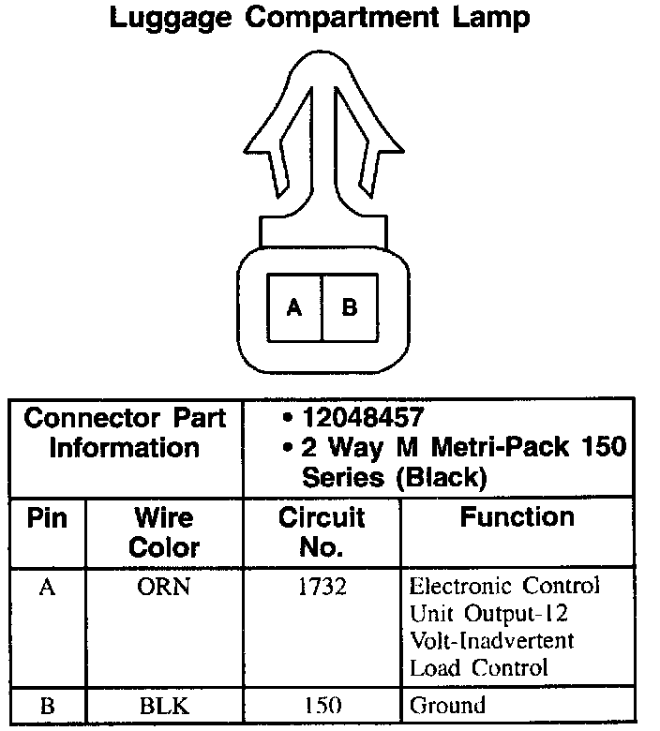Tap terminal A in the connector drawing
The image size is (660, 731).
[x=294, y=307]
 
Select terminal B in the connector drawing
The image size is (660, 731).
[x=349, y=307]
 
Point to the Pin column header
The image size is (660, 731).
[x=47, y=518]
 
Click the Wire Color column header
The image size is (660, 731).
[x=164, y=531]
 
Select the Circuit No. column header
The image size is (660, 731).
[x=322, y=531]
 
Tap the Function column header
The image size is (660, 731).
[x=517, y=517]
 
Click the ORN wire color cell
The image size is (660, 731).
[x=164, y=588]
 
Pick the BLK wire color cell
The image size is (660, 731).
[x=164, y=707]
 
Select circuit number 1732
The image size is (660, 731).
[x=322, y=588]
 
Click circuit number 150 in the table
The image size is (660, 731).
[x=322, y=707]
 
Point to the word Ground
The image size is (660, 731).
[x=447, y=707]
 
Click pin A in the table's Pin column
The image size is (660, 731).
[x=47, y=588]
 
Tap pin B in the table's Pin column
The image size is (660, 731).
[x=47, y=707]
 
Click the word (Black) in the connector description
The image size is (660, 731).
[x=440, y=477]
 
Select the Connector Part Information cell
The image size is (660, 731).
[x=125, y=433]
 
